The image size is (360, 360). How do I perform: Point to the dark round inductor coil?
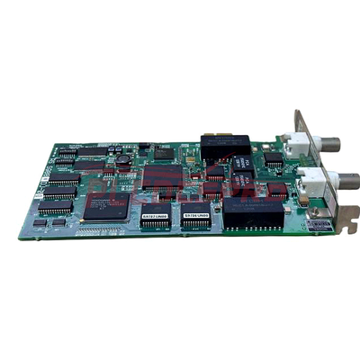coord(121,160)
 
